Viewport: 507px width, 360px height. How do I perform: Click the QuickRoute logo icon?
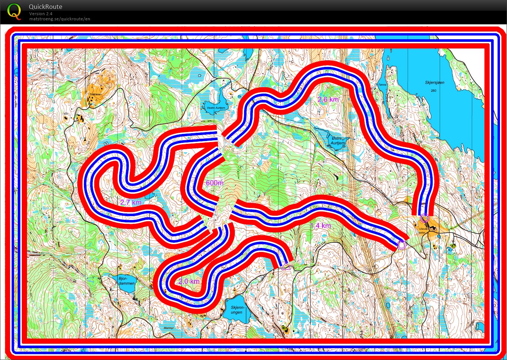click(14, 11)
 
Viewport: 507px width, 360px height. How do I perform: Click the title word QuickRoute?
click(45, 7)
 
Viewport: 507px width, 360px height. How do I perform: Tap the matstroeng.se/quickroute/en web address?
click(60, 19)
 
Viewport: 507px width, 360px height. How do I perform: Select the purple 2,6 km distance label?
click(328, 99)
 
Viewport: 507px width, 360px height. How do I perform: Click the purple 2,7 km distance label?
click(131, 202)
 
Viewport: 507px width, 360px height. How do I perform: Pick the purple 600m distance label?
click(215, 183)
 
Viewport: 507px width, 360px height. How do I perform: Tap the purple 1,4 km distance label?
click(320, 226)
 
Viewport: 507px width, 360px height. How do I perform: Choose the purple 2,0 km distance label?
click(189, 282)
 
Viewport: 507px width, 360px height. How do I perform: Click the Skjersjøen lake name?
click(435, 83)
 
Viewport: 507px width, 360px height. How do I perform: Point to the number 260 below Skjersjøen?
click(434, 91)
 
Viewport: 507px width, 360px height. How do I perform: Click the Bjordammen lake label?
click(126, 280)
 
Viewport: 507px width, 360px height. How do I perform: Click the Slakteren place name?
click(95, 94)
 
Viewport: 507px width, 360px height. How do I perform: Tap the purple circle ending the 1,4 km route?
click(402, 244)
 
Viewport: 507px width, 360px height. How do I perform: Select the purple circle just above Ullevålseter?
click(424, 218)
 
